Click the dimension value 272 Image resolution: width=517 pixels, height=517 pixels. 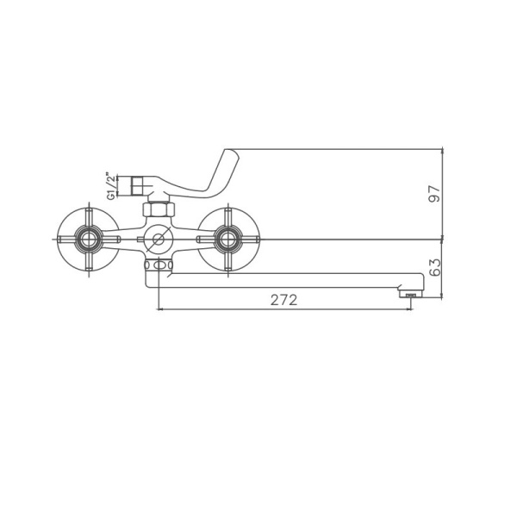[283, 300]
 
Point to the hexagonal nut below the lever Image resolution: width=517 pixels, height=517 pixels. [156, 210]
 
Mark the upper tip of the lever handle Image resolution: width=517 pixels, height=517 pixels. [228, 153]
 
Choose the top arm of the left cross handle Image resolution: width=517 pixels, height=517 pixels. [88, 215]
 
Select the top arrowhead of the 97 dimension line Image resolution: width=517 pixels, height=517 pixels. [442, 150]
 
